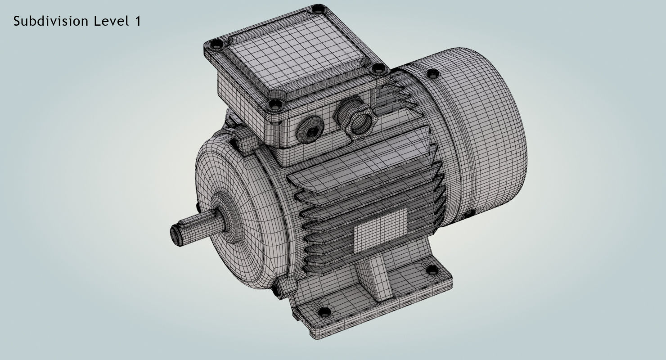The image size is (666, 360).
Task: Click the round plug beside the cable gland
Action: pos(308,130)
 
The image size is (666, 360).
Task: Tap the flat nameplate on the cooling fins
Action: pos(380,230)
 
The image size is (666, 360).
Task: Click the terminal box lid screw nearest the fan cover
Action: pos(378,69)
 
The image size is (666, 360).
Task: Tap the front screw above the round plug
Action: pos(275,105)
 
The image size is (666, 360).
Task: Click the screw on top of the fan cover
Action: pos(432,73)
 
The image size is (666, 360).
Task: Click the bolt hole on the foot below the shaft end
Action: pos(323,311)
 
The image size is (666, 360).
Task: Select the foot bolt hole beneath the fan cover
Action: pos(431,270)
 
